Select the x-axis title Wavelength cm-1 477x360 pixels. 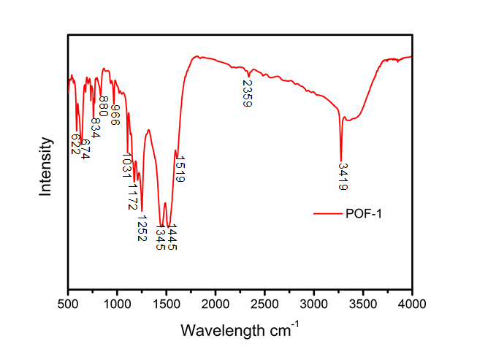pyautogui.click(x=240, y=329)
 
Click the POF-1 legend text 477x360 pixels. pyautogui.click(x=363, y=214)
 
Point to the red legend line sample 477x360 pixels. pyautogui.click(x=327, y=214)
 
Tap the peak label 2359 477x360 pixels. pyautogui.click(x=247, y=94)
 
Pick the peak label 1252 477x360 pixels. pyautogui.click(x=142, y=229)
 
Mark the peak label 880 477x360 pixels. pyautogui.click(x=103, y=107)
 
